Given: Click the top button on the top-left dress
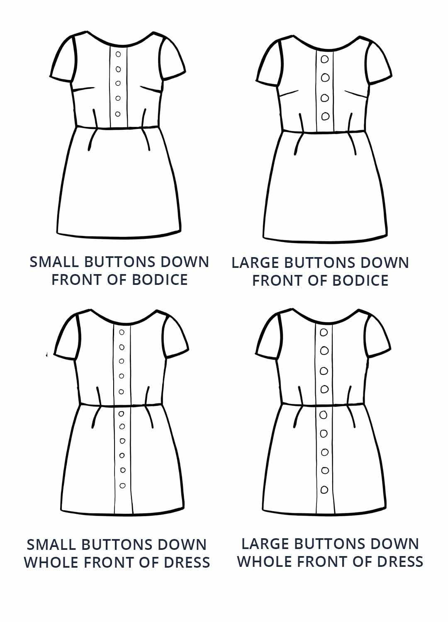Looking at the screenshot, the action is [x=118, y=54].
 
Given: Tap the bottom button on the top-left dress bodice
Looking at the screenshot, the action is [x=117, y=114].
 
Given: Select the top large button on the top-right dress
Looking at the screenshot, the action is [x=325, y=59].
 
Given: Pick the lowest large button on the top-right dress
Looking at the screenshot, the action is [x=325, y=116].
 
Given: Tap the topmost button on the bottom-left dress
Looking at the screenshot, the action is [x=122, y=332].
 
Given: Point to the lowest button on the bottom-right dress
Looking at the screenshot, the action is [x=324, y=490].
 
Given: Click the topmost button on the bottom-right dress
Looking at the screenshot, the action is [x=324, y=333].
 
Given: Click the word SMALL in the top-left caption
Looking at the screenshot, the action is [x=54, y=262].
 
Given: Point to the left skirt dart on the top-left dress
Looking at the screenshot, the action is [x=92, y=139].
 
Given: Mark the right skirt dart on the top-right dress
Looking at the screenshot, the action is [x=353, y=143].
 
